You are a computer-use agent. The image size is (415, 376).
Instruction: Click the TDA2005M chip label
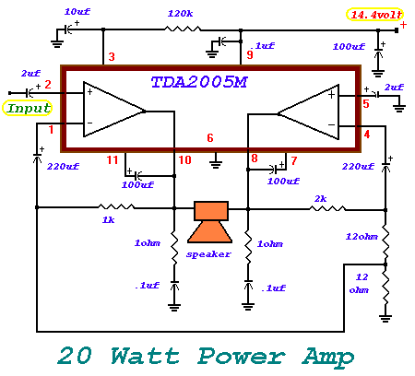199,82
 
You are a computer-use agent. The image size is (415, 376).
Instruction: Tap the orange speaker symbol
210,222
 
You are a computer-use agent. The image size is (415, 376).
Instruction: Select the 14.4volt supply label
375,15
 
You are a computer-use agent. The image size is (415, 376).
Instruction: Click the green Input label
28,108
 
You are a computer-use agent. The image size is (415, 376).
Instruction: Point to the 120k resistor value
180,14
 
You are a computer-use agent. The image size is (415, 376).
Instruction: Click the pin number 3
112,57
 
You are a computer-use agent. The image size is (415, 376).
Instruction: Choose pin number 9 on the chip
250,54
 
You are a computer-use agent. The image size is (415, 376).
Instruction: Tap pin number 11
113,160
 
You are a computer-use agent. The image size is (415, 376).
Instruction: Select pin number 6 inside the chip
210,138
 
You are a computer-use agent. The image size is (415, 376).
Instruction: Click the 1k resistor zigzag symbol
116,206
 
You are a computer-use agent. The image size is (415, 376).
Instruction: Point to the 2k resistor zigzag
327,209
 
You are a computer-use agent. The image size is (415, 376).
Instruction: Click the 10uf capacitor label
77,12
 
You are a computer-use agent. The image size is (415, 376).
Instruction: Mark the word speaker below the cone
208,254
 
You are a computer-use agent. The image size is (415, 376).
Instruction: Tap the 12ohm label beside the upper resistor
362,237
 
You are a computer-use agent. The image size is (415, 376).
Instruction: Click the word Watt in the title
145,356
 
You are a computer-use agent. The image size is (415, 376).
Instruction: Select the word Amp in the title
328,358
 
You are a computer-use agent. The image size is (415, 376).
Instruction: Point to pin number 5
366,104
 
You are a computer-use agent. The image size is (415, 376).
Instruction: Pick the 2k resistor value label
320,199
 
